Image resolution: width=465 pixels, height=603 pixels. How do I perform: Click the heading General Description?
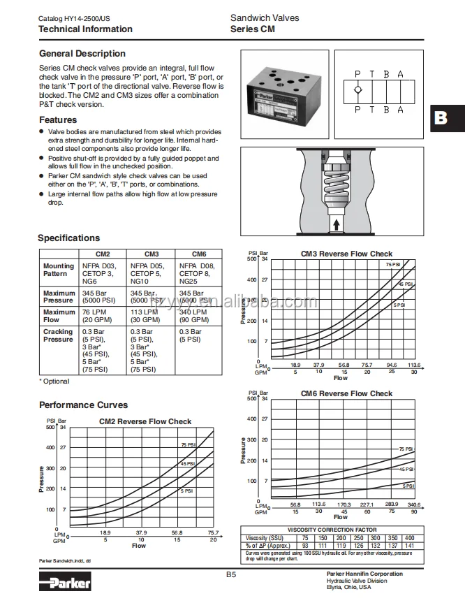(82, 54)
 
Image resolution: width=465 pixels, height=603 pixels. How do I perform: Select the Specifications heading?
(68, 238)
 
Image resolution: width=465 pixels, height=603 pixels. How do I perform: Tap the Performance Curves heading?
(83, 405)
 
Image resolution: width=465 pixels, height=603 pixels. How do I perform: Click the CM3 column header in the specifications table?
(152, 254)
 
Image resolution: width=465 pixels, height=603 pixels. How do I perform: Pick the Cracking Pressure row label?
(58, 335)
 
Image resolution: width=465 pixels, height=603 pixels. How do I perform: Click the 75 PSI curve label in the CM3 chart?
(393, 265)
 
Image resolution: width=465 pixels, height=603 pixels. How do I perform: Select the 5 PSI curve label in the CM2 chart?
(186, 491)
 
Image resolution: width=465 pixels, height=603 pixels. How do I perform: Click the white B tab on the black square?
(441, 117)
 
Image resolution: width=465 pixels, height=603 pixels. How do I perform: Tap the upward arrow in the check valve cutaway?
(337, 224)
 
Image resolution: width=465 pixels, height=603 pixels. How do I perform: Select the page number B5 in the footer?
(232, 575)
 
